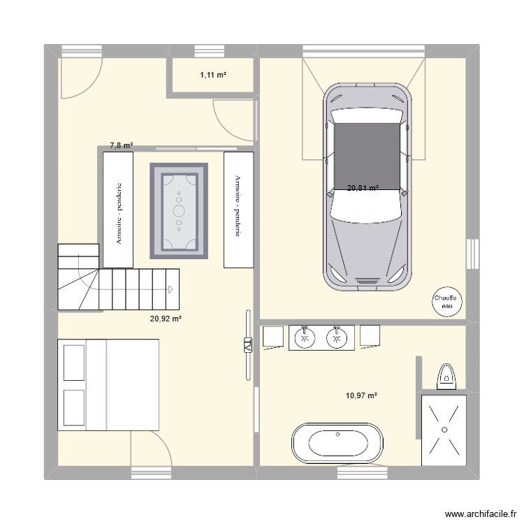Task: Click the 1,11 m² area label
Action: pyautogui.click(x=212, y=75)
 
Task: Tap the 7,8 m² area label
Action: pyautogui.click(x=121, y=146)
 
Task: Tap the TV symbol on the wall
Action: pyautogui.click(x=247, y=345)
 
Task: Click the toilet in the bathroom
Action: pyautogui.click(x=445, y=377)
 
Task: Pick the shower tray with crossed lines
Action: pyautogui.click(x=443, y=430)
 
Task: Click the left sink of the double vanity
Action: pyautogui.click(x=304, y=338)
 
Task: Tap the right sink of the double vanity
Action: pyautogui.click(x=337, y=338)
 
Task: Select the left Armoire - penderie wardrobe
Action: pyautogui.click(x=118, y=210)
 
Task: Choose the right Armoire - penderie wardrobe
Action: pyautogui.click(x=238, y=210)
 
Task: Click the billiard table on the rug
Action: pyautogui.click(x=179, y=210)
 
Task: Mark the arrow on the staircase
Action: pyautogui.click(x=170, y=288)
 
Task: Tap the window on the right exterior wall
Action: pyautogui.click(x=474, y=253)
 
